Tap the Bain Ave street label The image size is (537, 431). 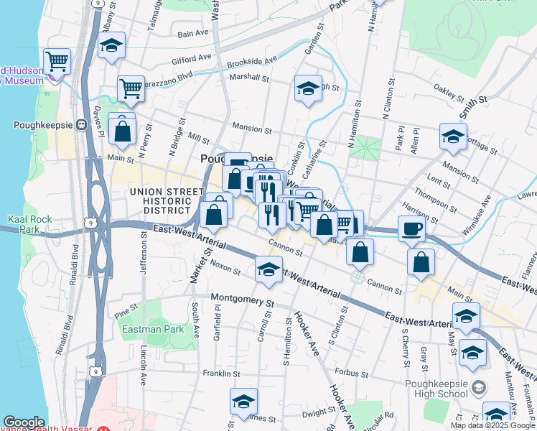[x=192, y=33]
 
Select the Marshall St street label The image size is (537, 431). [x=249, y=78]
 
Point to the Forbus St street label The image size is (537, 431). [x=351, y=374]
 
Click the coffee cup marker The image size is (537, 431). [x=411, y=228]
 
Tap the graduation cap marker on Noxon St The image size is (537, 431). [x=268, y=269]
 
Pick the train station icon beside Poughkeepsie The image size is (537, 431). [x=81, y=124]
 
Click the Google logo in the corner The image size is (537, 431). [x=24, y=423]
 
